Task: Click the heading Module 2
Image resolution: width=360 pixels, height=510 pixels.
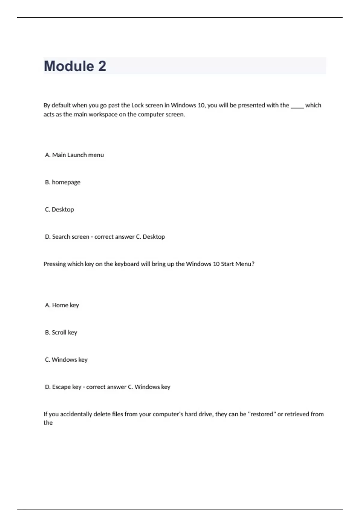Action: pos(75,66)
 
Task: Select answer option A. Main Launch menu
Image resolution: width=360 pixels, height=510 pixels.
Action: pos(74,155)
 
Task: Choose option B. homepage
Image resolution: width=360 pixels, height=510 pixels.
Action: pos(63,182)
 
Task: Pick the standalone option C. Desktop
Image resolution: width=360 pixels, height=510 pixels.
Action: pos(59,209)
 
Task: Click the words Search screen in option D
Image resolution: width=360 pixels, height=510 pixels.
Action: pos(71,237)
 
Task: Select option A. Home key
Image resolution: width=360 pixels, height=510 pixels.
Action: pos(62,305)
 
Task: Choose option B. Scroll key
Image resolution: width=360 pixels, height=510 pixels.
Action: pos(61,332)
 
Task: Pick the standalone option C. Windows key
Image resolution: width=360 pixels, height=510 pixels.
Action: pos(66,360)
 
